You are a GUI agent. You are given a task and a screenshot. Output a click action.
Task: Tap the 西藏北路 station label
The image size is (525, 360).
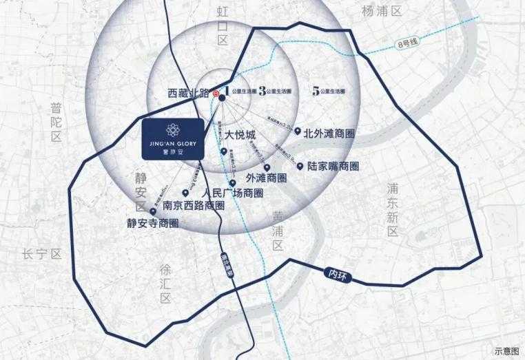click(189, 92)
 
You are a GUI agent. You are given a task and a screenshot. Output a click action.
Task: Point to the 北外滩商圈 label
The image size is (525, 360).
click(329, 133)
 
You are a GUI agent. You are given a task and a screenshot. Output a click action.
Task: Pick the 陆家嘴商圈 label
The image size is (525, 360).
click(333, 166)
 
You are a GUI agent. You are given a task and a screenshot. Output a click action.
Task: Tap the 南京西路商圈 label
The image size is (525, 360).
click(194, 205)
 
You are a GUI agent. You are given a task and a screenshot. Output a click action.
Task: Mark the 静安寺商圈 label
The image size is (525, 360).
click(152, 223)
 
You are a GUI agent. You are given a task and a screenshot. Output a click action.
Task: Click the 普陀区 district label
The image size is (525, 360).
click(56, 123)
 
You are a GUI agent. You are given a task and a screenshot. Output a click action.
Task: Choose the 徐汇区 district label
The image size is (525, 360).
click(165, 282)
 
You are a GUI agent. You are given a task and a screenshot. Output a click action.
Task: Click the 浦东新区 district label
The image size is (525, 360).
click(393, 209)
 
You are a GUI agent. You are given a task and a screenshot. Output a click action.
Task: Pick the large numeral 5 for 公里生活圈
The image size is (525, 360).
click(315, 90)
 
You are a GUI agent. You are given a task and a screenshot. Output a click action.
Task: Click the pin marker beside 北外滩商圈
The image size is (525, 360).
click(297, 131)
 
